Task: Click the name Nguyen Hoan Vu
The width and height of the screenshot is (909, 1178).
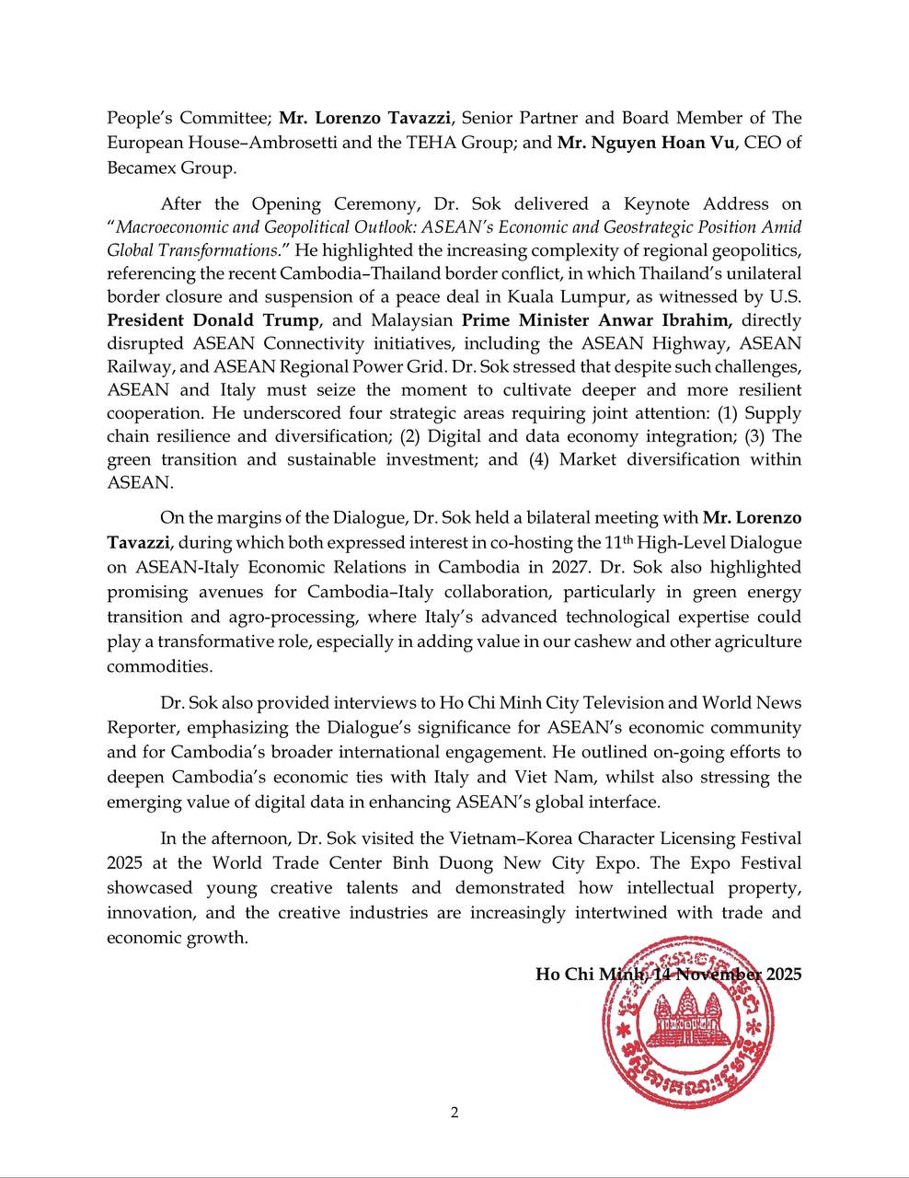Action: [665, 144]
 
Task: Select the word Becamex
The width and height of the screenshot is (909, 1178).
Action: [138, 167]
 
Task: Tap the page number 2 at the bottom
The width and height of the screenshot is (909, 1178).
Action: [454, 1113]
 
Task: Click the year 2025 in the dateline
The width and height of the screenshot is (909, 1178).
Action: [782, 974]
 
